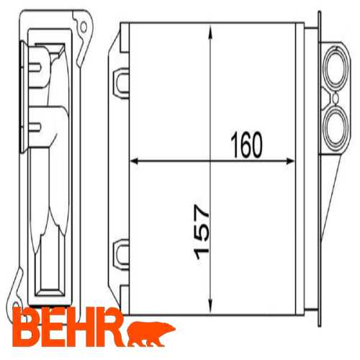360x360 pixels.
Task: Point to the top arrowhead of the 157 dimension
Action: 210,30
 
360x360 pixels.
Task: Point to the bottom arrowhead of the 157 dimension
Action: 210,303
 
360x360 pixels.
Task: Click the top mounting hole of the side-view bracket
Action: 84,28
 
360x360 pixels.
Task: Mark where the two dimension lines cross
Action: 210,161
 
